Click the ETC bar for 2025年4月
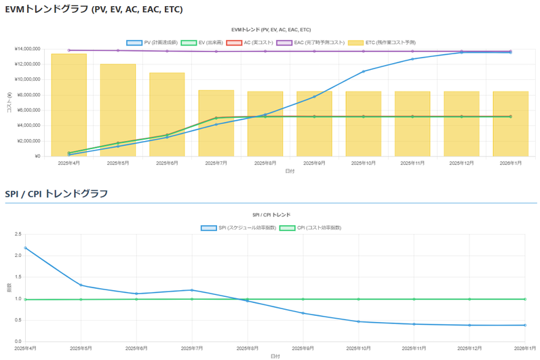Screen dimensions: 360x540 click(x=69, y=105)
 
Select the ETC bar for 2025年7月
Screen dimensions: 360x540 click(x=216, y=123)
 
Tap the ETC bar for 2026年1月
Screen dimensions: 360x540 click(x=510, y=124)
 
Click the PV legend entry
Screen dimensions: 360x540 click(x=152, y=42)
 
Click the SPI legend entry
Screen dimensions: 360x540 click(x=238, y=227)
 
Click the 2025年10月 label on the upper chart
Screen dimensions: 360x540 click(x=363, y=163)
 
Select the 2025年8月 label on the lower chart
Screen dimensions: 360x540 click(x=248, y=348)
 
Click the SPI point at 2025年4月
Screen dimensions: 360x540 click(x=26, y=248)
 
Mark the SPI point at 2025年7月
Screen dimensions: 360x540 click(x=192, y=290)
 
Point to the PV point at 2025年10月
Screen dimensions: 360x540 click(x=363, y=71)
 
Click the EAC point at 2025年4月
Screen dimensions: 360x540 click(x=69, y=50)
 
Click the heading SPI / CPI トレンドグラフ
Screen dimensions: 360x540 click(x=56, y=194)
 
